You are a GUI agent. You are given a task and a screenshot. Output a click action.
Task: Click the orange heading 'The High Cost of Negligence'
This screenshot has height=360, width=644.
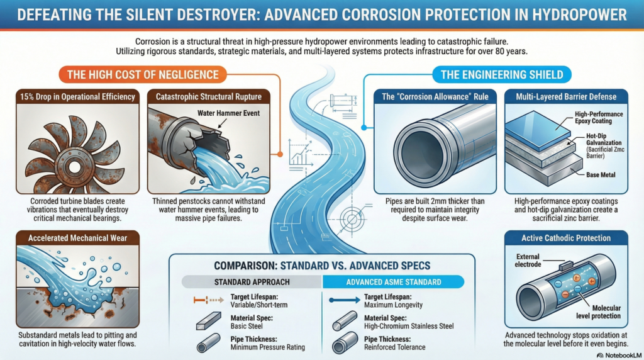(x=143, y=75)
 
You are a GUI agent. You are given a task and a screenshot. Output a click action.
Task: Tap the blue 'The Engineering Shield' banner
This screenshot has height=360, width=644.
(x=501, y=75)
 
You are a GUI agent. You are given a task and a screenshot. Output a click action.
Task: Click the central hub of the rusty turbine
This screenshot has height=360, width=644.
(x=74, y=167)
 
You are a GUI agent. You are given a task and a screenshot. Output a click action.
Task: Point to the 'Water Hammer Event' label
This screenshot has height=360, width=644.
(x=228, y=113)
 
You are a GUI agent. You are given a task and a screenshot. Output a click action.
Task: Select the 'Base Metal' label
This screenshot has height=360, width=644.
(x=601, y=175)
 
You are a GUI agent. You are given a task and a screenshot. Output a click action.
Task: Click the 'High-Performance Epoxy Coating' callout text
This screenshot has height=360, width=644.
(x=599, y=118)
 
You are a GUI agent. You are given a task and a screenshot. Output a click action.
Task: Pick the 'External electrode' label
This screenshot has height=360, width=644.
(x=528, y=261)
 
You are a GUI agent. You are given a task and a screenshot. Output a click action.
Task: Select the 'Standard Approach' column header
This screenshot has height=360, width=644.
(x=252, y=282)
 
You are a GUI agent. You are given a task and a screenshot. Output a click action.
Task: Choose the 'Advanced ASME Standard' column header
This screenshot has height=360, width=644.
(x=394, y=282)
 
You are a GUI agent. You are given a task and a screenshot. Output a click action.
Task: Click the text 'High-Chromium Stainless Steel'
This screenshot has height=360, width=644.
(x=409, y=326)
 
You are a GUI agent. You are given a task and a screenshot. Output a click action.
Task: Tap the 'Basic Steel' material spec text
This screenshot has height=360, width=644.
(x=247, y=326)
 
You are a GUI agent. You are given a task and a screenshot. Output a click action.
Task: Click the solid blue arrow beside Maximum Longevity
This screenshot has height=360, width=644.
(x=345, y=300)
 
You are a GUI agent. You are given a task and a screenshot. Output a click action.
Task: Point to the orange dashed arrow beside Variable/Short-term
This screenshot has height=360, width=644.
(x=209, y=300)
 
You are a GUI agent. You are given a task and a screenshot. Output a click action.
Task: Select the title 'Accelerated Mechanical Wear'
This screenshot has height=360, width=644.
(x=77, y=238)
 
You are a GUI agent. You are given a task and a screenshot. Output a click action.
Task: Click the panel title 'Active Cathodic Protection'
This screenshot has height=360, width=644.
(x=566, y=238)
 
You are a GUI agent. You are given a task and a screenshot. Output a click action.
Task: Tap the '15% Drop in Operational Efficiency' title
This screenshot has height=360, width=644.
(x=77, y=97)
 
